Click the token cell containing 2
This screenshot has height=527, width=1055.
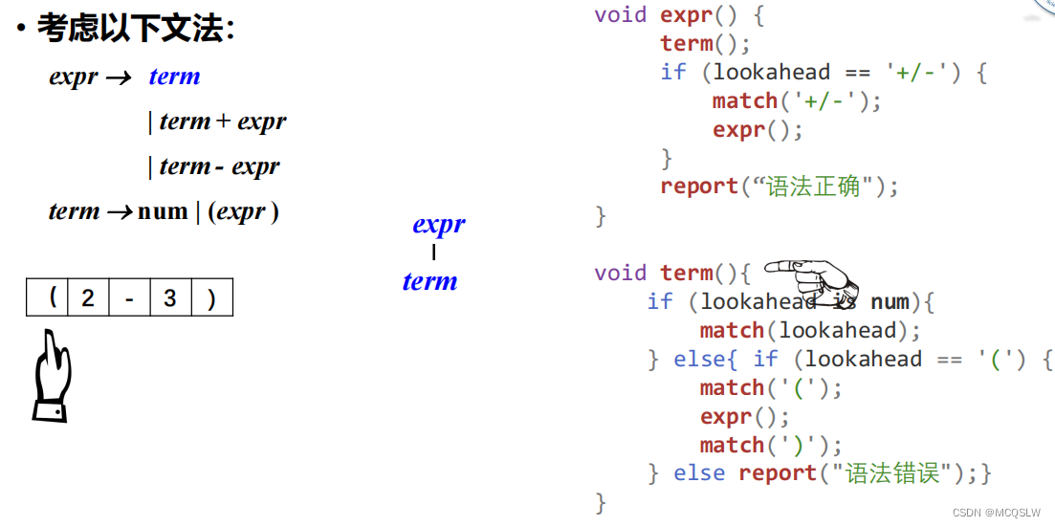point(88,298)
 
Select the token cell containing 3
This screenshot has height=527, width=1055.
point(170,298)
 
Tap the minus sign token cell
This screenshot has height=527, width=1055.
point(129,298)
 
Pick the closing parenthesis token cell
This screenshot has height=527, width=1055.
point(211,298)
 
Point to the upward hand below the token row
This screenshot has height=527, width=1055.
point(53,375)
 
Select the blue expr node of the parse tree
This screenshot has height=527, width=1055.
point(439,225)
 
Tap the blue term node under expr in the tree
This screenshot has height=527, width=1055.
point(429,281)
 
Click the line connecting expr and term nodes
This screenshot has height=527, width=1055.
point(433,253)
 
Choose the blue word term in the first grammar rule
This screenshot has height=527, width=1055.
point(174,77)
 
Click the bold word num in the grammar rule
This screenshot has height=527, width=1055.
point(163,211)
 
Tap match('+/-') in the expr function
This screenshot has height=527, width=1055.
point(796,101)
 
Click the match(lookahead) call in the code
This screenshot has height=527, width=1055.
point(809,331)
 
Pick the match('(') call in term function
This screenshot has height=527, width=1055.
point(770,388)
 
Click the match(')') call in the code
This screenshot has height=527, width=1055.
point(770,446)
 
